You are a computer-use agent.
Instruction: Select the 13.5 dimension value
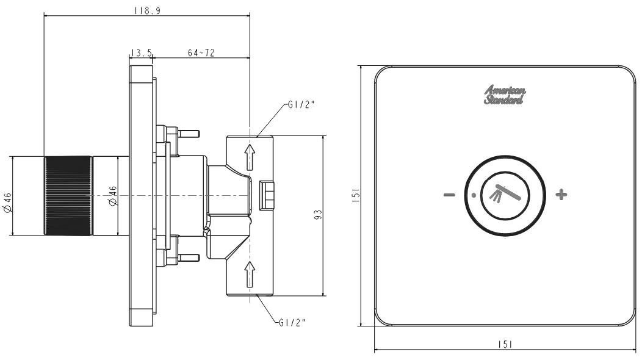[x=141, y=53]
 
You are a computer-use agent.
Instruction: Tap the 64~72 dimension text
[x=201, y=53]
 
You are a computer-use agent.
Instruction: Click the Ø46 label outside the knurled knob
[x=7, y=201]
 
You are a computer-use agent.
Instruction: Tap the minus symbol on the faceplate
[x=449, y=195]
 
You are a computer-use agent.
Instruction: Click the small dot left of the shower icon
[x=474, y=196]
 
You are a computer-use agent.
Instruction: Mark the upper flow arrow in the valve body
[x=249, y=157]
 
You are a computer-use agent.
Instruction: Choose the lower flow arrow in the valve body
[x=249, y=273]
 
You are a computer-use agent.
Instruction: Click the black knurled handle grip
[x=68, y=196]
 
